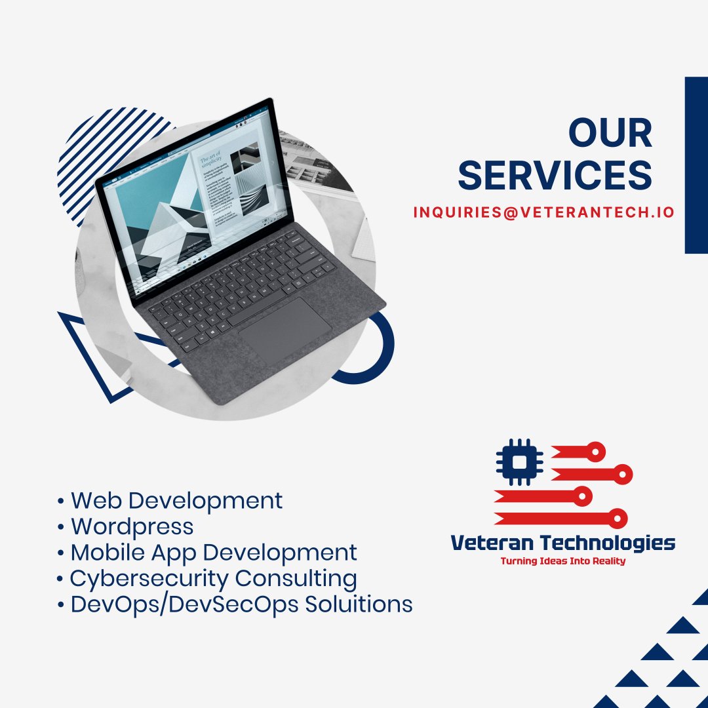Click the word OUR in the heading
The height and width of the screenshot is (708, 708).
tap(610, 134)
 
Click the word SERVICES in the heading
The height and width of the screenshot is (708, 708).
tap(555, 176)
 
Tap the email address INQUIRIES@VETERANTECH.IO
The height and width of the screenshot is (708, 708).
tap(543, 212)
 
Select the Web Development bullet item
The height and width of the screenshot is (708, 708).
tap(176, 500)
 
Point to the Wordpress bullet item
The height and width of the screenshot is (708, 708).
tap(132, 526)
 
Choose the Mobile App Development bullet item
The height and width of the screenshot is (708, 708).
tap(214, 552)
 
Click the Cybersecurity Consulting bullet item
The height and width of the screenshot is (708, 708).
tap(214, 578)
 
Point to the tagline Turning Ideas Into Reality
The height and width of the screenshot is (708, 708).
tap(563, 561)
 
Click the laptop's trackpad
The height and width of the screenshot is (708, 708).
tap(285, 330)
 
